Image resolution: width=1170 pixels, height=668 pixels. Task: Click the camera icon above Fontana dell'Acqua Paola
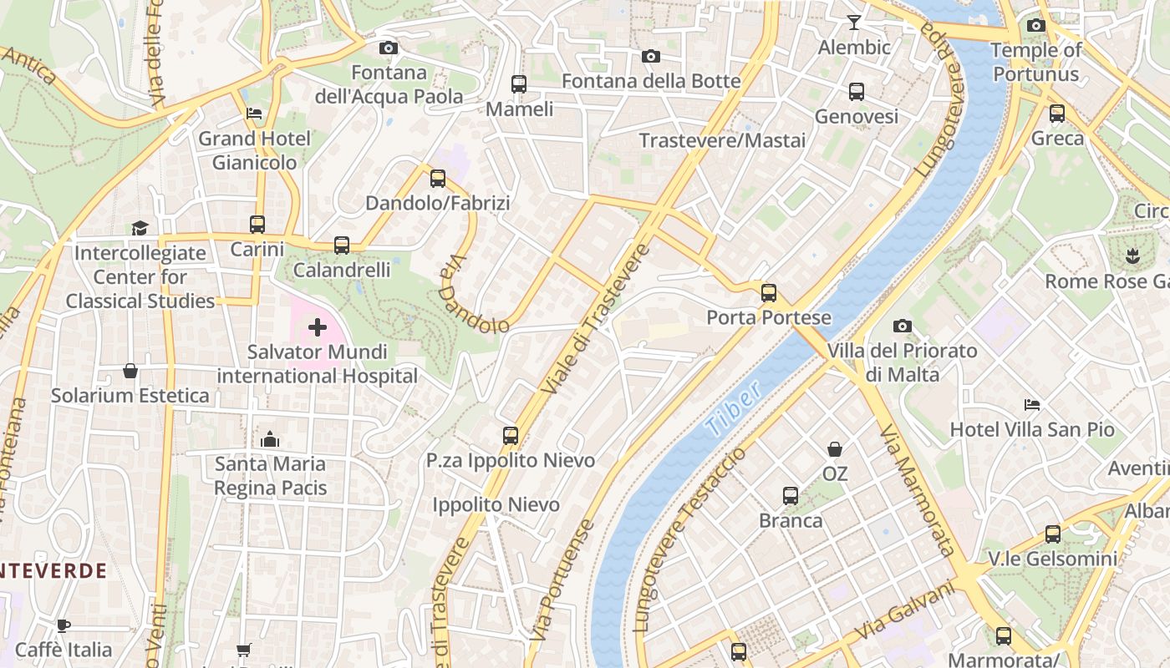point(388,48)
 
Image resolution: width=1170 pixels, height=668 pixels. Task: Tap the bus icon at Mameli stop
point(519,84)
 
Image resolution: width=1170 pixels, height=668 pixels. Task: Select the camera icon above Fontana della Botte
point(650,57)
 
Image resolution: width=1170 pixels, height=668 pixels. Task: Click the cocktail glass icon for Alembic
point(853,23)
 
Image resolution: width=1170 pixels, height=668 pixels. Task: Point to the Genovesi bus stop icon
point(857,92)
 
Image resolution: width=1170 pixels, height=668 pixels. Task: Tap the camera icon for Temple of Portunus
point(1035,26)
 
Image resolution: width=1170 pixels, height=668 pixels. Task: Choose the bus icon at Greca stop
point(1057,114)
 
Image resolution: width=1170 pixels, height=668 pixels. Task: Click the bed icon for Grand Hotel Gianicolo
point(254,114)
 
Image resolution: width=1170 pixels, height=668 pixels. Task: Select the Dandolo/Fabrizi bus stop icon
point(438,179)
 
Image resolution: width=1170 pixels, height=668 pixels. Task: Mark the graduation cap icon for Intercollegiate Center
point(140,228)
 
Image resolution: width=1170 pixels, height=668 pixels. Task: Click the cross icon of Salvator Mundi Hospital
point(318,327)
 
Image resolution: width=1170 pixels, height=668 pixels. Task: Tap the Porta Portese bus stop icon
point(769,293)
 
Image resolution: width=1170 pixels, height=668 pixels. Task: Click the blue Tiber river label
point(733,409)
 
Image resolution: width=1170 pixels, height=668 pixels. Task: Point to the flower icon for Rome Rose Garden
point(1132,256)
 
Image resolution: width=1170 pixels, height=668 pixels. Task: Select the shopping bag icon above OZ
point(834,449)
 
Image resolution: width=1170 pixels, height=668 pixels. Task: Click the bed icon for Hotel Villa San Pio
point(1032,405)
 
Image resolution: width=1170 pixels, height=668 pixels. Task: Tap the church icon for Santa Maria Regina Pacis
point(270,439)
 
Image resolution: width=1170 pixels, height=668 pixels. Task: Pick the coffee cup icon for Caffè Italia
point(64,625)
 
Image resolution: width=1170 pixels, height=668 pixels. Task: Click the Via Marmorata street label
point(918,490)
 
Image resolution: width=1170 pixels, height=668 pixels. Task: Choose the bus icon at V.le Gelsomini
point(1053,534)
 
